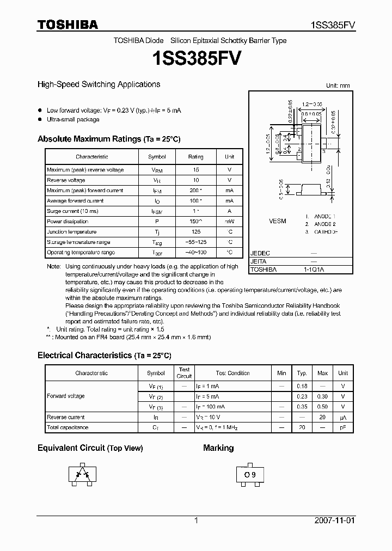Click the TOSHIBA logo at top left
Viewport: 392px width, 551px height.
68,25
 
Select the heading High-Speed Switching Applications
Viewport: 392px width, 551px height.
99,84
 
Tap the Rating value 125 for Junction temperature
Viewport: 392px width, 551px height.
195,232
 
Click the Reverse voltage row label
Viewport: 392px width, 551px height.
66,180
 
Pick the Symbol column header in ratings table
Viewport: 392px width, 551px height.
157,157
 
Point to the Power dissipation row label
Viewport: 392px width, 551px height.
68,222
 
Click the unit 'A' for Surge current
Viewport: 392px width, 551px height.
229,211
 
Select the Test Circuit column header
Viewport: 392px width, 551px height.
184,373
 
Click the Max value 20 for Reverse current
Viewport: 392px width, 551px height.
322,417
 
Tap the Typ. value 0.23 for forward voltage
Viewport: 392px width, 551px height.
302,396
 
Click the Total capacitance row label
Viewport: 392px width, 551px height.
68,427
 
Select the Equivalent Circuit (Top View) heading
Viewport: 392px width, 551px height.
90,448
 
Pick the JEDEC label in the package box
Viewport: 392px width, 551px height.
260,254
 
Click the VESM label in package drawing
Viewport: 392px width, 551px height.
278,222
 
